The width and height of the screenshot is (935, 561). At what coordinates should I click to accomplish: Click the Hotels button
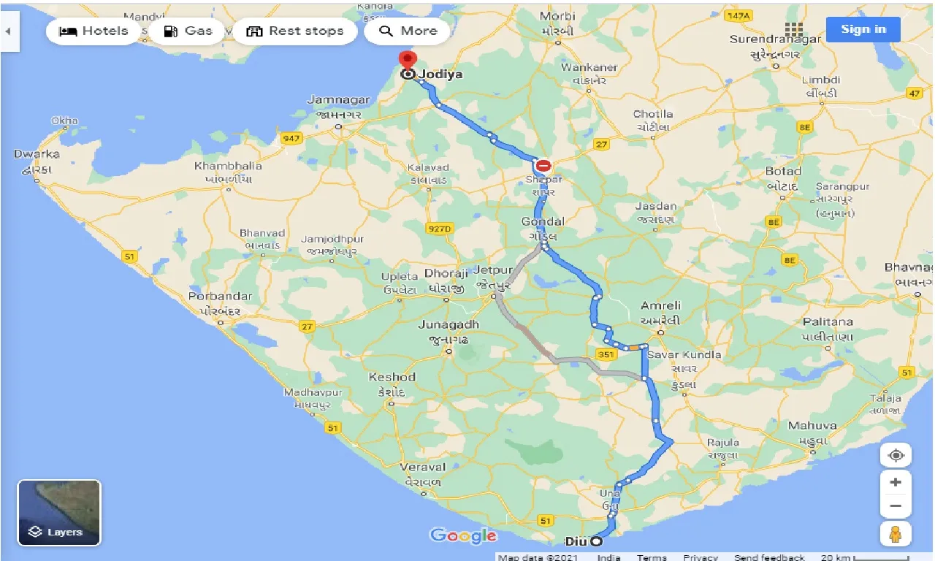[x=93, y=31]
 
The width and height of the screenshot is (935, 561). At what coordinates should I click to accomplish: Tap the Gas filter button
[x=188, y=31]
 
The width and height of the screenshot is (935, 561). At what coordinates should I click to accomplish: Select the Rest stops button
[x=295, y=31]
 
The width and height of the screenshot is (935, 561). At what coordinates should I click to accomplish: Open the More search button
[x=408, y=31]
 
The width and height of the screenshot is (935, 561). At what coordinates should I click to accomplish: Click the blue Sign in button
[x=863, y=29]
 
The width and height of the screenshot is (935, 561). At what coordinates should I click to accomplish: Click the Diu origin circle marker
[x=597, y=541]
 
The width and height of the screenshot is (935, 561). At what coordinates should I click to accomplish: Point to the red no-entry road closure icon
[x=543, y=166]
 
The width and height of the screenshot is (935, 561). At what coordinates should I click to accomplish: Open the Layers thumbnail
[x=59, y=513]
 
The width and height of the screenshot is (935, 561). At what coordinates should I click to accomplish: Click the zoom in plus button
[x=896, y=482]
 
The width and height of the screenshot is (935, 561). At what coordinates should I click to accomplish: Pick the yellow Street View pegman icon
[x=896, y=534]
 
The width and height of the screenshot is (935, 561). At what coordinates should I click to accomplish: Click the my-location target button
[x=896, y=455]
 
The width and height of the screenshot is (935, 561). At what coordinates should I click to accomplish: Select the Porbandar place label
[x=220, y=297]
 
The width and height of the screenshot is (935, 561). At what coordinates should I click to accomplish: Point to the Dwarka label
[x=37, y=155]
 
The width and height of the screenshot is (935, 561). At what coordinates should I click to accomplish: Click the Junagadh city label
[x=449, y=325]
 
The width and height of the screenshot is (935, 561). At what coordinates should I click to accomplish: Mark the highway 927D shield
[x=440, y=229]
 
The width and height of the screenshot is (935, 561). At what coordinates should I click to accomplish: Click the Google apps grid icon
[x=794, y=30]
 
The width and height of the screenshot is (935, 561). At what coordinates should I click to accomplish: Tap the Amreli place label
[x=660, y=305]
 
